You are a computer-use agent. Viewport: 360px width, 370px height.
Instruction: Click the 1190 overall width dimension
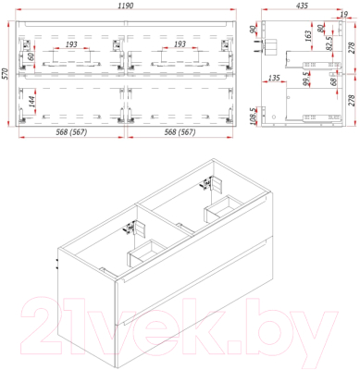(125, 6)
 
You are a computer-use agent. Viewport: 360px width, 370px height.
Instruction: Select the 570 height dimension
(5, 74)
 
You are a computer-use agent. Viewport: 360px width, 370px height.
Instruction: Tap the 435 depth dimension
(302, 6)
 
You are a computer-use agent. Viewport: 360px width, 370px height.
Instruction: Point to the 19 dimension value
(344, 14)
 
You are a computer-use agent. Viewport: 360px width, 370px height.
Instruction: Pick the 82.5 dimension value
(329, 43)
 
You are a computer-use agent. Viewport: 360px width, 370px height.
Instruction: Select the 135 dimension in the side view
(274, 78)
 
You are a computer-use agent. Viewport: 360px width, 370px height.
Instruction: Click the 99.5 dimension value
(306, 79)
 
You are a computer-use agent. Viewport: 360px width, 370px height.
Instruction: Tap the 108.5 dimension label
(254, 115)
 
